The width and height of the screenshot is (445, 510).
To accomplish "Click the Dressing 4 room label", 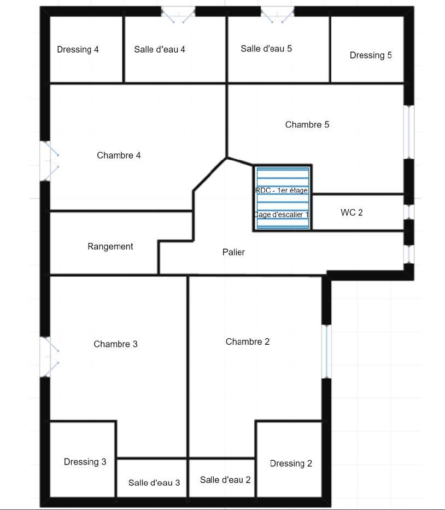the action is pos(78,49).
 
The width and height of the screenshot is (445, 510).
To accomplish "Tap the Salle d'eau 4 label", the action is pos(160,49).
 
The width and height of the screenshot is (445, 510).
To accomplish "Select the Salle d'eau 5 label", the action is pos(266,49).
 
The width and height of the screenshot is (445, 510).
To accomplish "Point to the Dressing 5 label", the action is pos(371,55).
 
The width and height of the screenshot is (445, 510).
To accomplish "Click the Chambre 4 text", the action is pos(119,155).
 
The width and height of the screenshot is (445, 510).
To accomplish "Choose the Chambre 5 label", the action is pos(307,125).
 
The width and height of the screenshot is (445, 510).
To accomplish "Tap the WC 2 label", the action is pos(352,212).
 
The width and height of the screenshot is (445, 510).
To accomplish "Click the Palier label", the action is pos(233,252).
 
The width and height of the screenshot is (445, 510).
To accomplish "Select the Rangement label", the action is pos(110,247).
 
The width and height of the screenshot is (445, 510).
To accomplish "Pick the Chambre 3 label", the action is pos(115,344).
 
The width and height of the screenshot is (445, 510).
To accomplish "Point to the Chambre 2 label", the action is pos(248,341).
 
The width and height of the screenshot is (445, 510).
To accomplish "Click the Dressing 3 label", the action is pos(85,462).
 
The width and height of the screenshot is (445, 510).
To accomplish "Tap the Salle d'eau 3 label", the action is pos(154,483).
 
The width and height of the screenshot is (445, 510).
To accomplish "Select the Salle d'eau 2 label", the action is pos(225,480).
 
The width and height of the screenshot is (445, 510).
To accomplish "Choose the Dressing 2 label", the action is pos(291,463).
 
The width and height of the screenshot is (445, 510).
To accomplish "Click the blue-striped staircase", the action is pos(283,198).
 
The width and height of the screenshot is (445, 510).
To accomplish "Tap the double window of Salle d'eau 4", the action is pos(178,14).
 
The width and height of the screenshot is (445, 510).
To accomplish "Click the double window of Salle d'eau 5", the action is pos(277,14).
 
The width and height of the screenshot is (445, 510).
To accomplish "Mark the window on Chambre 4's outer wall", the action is pos(49,161).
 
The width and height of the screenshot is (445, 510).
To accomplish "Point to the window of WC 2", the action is pos(409,212).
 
